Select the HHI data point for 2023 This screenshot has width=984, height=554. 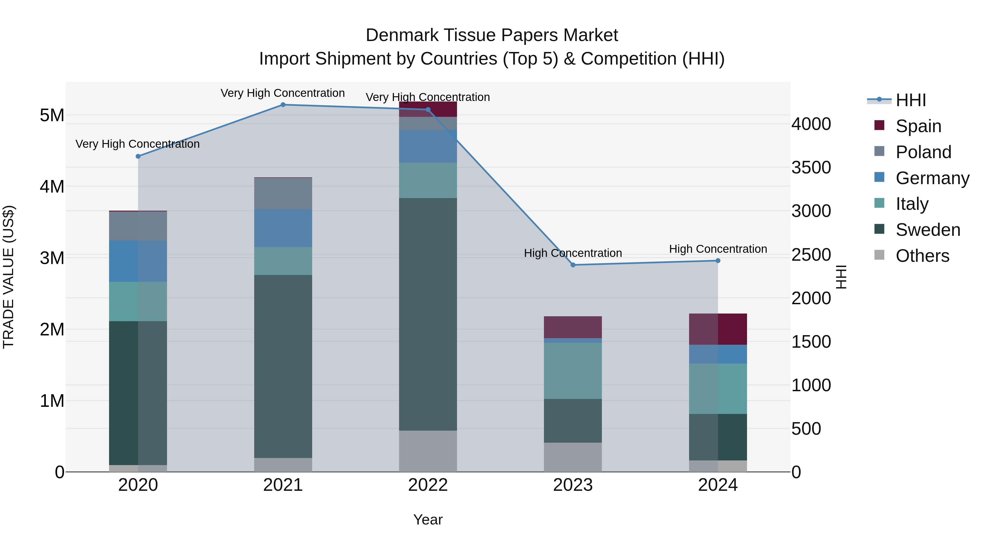pyautogui.click(x=573, y=265)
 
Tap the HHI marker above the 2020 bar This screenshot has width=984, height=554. pyautogui.click(x=138, y=156)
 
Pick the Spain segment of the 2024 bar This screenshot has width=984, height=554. pyautogui.click(x=718, y=329)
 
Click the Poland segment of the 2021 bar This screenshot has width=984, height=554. pyautogui.click(x=283, y=193)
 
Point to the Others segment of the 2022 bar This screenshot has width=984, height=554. pyautogui.click(x=428, y=451)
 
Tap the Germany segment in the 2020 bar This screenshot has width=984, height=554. pyautogui.click(x=138, y=261)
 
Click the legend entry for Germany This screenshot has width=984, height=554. pyautogui.click(x=932, y=178)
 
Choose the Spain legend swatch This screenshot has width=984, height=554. pyautogui.click(x=879, y=125)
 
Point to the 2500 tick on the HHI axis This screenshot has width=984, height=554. pyautogui.click(x=811, y=255)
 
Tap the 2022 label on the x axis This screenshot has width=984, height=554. pyautogui.click(x=428, y=485)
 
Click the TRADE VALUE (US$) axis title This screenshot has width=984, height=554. pyautogui.click(x=8, y=277)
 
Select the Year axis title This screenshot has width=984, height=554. pyautogui.click(x=428, y=520)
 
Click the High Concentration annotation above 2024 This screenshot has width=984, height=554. pyautogui.click(x=718, y=249)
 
